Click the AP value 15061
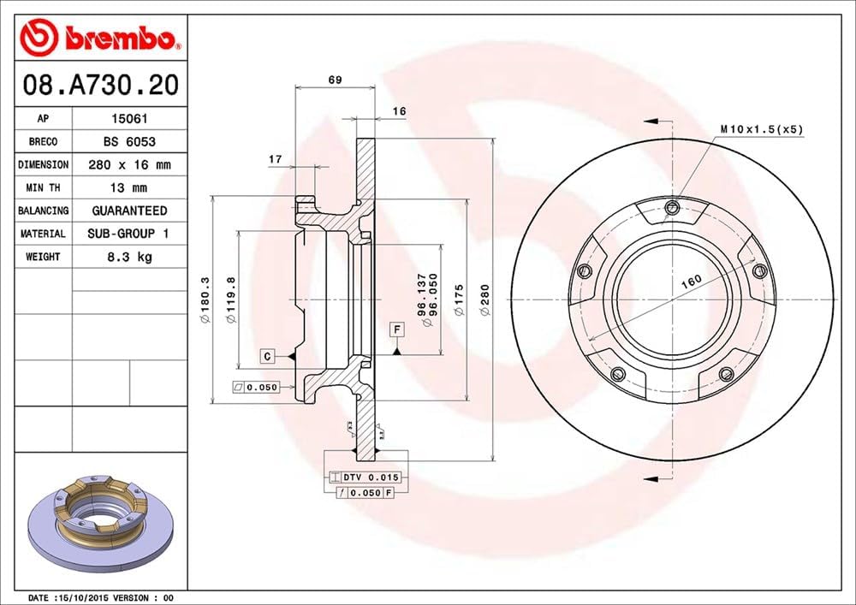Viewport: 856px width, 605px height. [x=128, y=120]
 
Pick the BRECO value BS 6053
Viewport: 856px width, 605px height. [x=128, y=142]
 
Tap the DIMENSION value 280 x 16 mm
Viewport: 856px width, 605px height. [x=128, y=165]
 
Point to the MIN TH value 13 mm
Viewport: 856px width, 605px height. [x=128, y=187]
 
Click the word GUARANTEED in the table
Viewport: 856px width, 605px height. [x=128, y=211]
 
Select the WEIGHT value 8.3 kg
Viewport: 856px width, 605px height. [x=128, y=257]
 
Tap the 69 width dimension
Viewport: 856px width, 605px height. [x=335, y=80]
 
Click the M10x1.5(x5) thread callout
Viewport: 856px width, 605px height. [x=761, y=129]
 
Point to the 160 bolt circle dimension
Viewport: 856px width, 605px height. [x=691, y=280]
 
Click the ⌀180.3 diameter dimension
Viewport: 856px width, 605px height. [x=205, y=300]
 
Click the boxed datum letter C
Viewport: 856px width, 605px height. [x=267, y=355]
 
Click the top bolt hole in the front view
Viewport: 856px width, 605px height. [x=672, y=206]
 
